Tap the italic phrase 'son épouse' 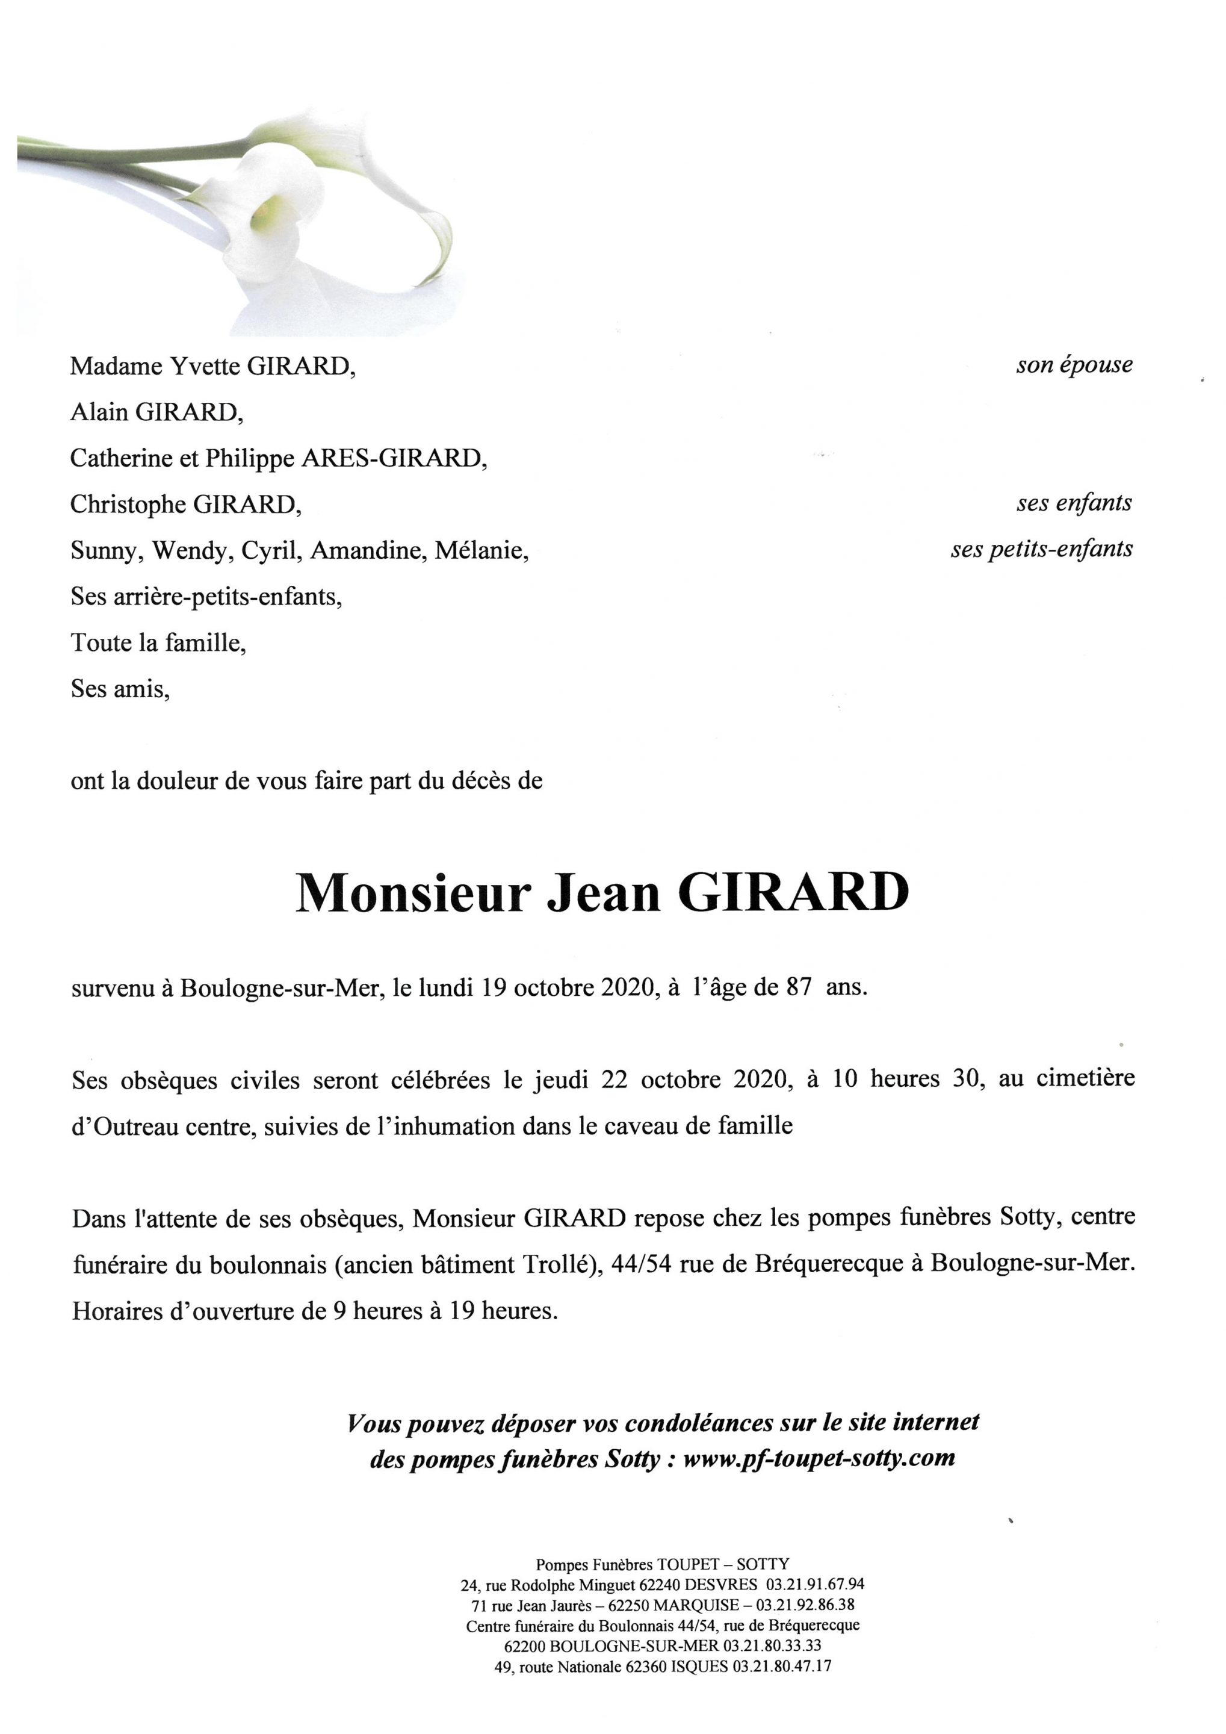pos(1074,365)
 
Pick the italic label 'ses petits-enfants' pos(1041,549)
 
